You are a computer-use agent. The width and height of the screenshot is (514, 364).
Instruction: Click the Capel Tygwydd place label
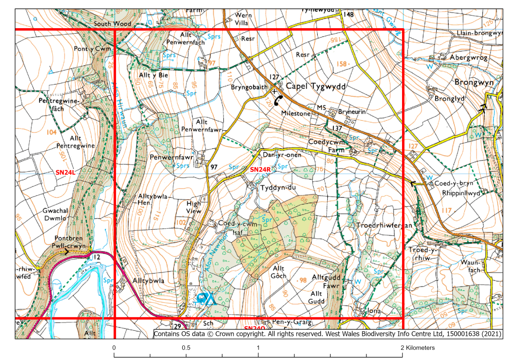(x=316, y=87)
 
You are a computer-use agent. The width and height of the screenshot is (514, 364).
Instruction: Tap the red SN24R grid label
(x=260, y=170)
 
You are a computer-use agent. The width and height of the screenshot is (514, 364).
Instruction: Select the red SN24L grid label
(x=65, y=172)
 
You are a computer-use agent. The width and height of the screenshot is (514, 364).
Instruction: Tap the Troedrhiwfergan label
(x=383, y=226)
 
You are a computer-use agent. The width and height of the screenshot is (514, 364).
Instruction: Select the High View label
(x=193, y=207)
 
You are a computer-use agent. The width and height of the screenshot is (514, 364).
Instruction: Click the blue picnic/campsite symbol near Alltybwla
(x=206, y=299)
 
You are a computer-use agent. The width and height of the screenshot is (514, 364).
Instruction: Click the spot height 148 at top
(x=348, y=15)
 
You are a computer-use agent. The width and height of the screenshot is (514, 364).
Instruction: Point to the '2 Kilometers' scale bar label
(x=417, y=348)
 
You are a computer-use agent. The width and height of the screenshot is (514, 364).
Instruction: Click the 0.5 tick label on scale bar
(x=186, y=348)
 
